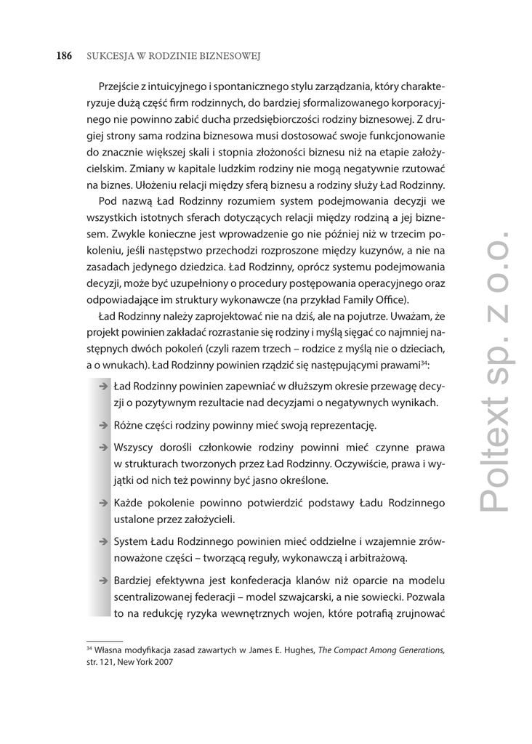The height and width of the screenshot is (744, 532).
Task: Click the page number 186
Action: click(64, 56)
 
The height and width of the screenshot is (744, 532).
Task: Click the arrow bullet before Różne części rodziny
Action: click(104, 425)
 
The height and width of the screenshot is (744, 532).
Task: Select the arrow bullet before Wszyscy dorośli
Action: click(104, 448)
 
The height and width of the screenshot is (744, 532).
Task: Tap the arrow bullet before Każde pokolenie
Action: click(104, 504)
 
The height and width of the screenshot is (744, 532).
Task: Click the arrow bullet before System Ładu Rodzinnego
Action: click(104, 541)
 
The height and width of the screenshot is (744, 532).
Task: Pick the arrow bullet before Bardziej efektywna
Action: click(104, 581)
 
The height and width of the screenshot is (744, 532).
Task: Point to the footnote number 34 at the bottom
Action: click(89, 649)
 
